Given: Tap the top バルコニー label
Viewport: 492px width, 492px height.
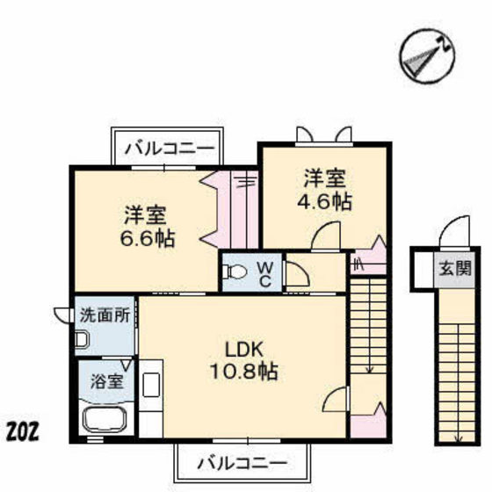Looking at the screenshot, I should click(168, 147).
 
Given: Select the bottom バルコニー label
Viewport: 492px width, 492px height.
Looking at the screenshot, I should click(242, 461).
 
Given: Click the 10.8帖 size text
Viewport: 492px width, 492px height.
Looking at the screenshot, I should click(246, 372).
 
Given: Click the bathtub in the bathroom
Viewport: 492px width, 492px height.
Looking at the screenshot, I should click(105, 420).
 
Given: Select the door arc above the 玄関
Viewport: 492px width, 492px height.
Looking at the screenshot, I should click(452, 233).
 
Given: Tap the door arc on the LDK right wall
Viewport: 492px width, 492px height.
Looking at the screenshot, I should click(335, 401).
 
